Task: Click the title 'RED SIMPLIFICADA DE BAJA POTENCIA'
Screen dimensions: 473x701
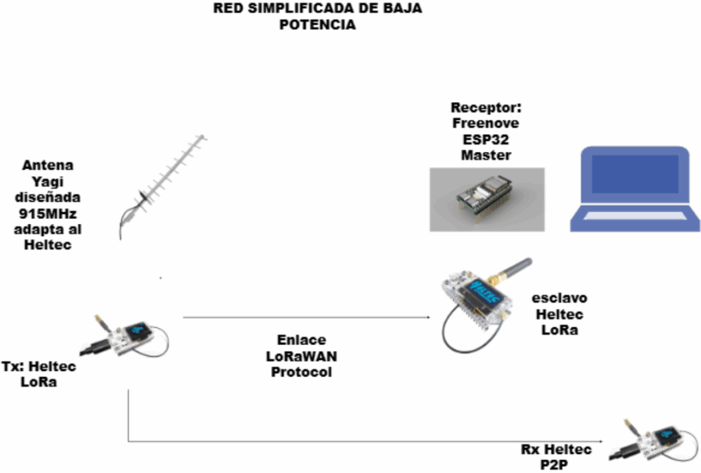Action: pyautogui.click(x=318, y=17)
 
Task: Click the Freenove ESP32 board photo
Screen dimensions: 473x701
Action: pyautogui.click(x=487, y=199)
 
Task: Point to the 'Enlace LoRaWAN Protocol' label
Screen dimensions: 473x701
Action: pyautogui.click(x=301, y=356)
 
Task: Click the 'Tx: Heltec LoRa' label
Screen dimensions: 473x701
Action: pyautogui.click(x=39, y=374)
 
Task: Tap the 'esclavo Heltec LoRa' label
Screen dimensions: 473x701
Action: pyautogui.click(x=559, y=314)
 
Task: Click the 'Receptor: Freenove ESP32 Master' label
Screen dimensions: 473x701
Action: pyautogui.click(x=485, y=131)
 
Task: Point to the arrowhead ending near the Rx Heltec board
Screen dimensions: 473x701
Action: pyautogui.click(x=603, y=442)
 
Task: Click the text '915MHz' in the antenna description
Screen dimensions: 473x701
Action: pyautogui.click(x=47, y=213)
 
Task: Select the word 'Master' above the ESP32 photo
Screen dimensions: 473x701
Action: pyautogui.click(x=485, y=155)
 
